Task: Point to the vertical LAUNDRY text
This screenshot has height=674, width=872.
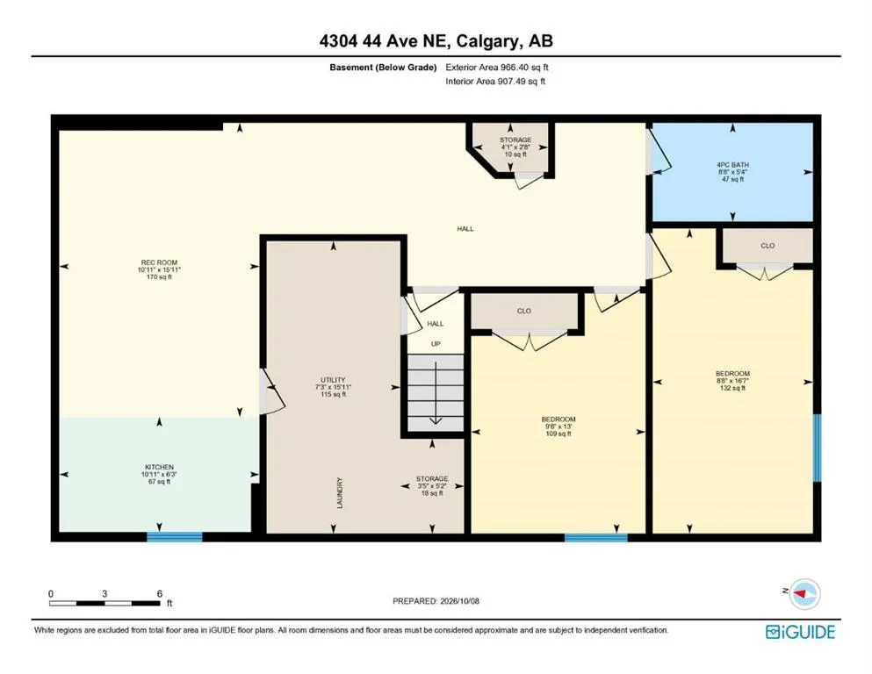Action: [x=340, y=492]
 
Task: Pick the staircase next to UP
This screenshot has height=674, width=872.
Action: [x=436, y=393]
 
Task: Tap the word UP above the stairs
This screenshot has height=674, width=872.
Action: [x=436, y=344]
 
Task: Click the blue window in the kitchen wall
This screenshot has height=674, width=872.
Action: [x=175, y=537]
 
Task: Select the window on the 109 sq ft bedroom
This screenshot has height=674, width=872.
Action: [x=596, y=537]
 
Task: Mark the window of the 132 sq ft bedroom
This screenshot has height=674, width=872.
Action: [x=817, y=448]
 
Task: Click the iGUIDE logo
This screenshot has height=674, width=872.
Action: [x=800, y=632]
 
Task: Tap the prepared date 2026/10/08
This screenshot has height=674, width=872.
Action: [x=459, y=601]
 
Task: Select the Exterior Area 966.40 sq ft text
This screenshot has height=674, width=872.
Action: [x=497, y=68]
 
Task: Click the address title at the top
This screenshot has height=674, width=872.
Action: [x=436, y=41]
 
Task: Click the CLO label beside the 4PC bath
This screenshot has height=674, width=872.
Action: [x=768, y=246]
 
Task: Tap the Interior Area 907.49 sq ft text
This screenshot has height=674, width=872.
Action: [x=495, y=81]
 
